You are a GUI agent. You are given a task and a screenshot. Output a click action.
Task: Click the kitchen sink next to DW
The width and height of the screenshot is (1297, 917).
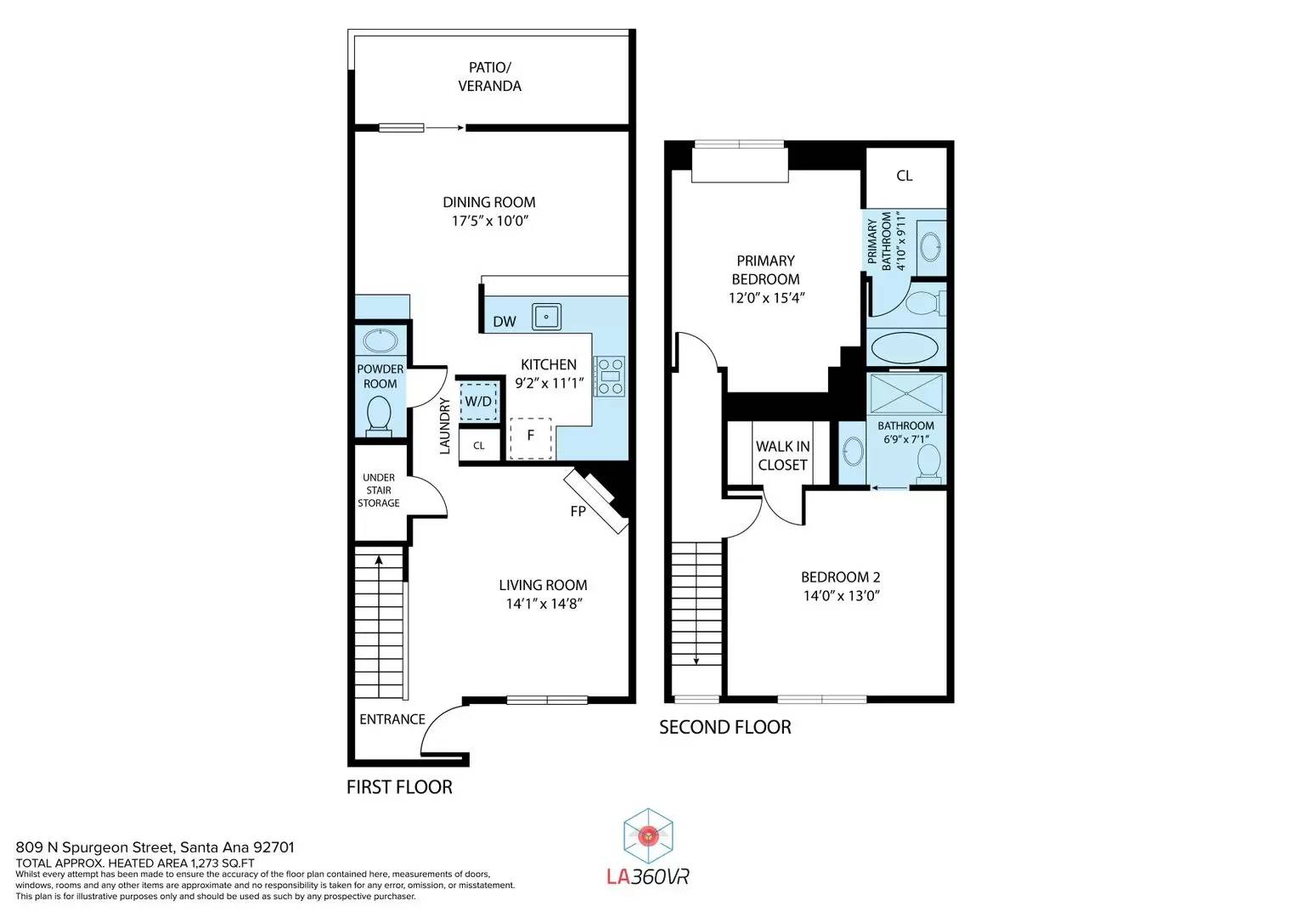tap(547, 318)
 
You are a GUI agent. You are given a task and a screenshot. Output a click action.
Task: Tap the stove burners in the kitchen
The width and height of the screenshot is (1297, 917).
tap(611, 376)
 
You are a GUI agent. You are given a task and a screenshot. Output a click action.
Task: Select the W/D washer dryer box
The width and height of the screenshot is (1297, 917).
tap(479, 401)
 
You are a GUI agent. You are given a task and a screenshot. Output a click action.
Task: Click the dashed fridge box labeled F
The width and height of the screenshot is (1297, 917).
tap(530, 438)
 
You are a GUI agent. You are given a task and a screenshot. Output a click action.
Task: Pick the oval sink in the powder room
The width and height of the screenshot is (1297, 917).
tap(381, 341)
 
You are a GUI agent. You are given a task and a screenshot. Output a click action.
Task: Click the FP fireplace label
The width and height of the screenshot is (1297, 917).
tap(578, 511)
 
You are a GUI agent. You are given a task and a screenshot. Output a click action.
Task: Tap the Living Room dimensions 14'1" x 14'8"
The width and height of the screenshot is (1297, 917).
tap(544, 604)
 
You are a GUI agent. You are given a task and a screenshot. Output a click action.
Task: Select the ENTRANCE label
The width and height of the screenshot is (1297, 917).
tap(392, 719)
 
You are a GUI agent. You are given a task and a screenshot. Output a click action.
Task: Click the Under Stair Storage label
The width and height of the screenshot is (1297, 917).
tap(379, 491)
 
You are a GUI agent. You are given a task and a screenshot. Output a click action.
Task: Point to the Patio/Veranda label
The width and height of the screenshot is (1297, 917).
tap(490, 76)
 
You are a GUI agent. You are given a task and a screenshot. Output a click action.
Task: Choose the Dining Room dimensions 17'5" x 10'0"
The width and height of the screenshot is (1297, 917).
tap(490, 221)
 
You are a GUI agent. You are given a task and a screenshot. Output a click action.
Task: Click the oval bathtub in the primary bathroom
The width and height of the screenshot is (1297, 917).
tap(905, 347)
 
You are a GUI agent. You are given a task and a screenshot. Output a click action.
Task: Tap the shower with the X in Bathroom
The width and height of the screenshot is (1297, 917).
tap(906, 393)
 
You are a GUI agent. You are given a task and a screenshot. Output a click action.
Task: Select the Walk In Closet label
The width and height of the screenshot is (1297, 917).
tap(782, 456)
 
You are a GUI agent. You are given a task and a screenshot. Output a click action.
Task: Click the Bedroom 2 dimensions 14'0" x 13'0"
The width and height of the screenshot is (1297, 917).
tap(842, 596)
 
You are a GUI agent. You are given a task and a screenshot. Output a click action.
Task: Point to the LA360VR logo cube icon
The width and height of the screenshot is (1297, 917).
tap(648, 836)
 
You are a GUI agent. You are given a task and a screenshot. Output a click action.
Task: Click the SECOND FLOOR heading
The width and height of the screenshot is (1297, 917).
tap(725, 727)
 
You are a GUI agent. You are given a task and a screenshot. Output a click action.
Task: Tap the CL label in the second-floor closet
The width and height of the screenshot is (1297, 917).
tap(905, 176)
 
